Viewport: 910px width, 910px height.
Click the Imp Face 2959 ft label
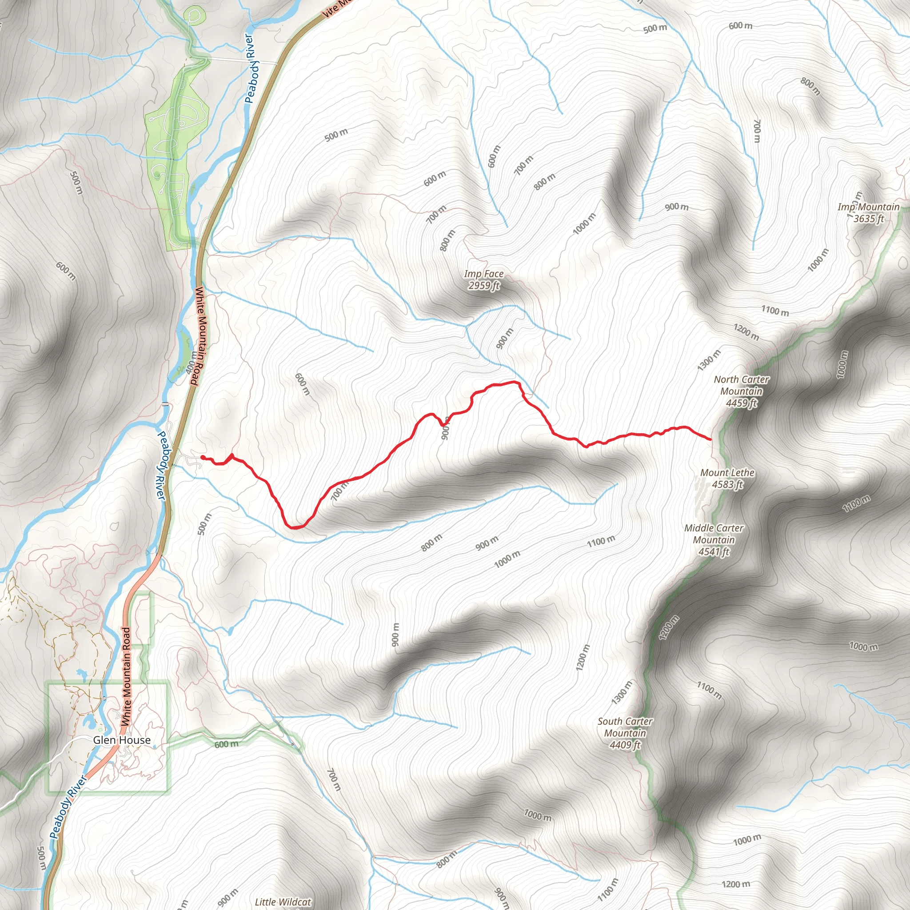pos(484,279)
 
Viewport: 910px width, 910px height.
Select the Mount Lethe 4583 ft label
pos(727,478)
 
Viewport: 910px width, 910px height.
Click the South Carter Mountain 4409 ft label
pos(625,733)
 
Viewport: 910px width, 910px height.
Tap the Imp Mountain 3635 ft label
pos(868,212)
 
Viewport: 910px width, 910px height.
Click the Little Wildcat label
pos(283,902)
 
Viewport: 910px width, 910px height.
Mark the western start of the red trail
pos(203,457)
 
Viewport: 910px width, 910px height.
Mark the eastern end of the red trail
pos(710,439)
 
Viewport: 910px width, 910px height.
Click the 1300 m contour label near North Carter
pos(709,360)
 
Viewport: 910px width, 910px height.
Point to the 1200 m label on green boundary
pos(669,627)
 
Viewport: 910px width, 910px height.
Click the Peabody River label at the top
pos(250,68)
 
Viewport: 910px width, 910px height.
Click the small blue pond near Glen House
pos(88,722)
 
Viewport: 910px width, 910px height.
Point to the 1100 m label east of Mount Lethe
pos(856,504)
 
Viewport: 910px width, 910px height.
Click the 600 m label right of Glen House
pos(227,744)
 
